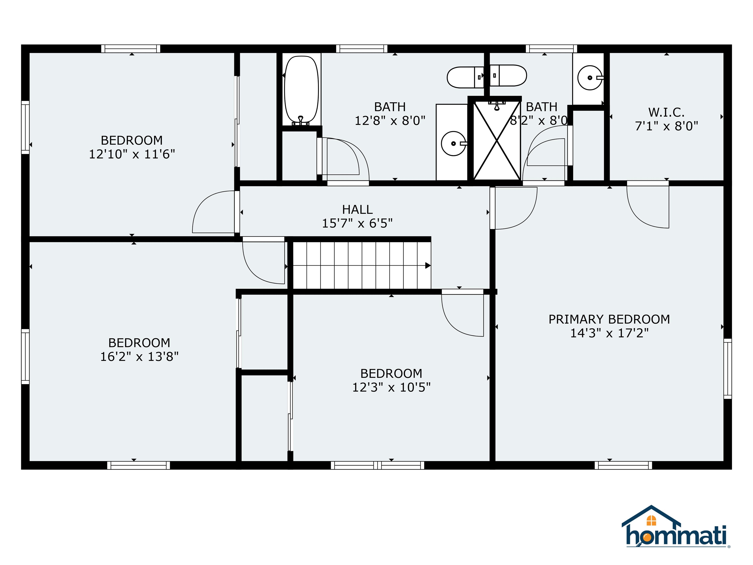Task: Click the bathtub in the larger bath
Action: click(x=301, y=90)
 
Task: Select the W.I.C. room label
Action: click(x=666, y=112)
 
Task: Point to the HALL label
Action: click(x=357, y=209)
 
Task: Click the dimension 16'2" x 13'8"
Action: click(x=139, y=357)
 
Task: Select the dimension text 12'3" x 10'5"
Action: click(x=391, y=387)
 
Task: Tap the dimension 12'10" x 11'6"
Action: click(x=132, y=154)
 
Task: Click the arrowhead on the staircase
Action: click(x=428, y=266)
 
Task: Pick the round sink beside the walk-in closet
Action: click(x=590, y=78)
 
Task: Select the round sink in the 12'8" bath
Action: click(x=453, y=143)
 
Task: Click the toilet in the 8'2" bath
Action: click(x=508, y=75)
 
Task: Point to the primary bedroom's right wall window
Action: click(x=728, y=369)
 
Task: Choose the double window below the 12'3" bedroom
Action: click(x=377, y=465)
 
